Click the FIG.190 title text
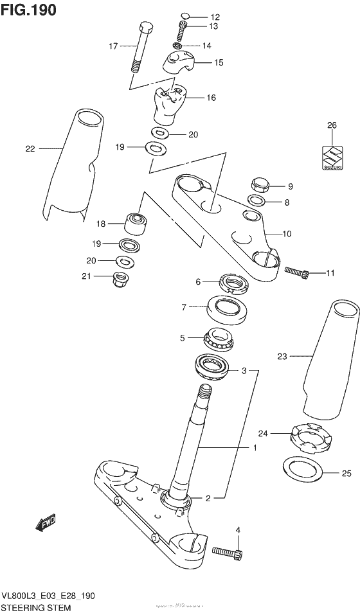[29, 10]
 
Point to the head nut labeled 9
[260, 184]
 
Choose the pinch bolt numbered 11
[296, 274]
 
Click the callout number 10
[287, 234]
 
